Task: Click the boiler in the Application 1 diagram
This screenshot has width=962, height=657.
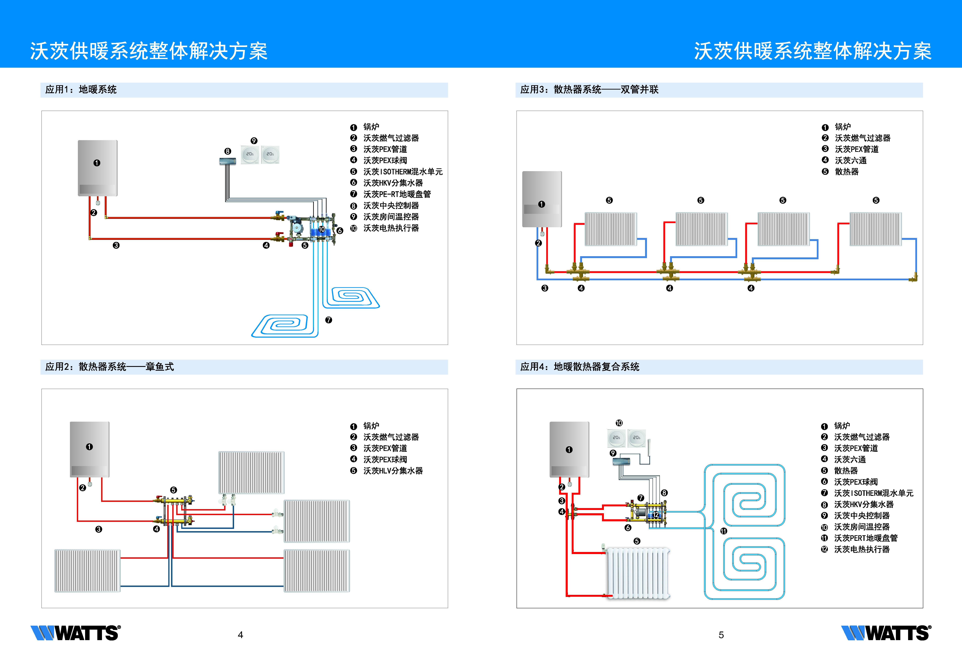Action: [98, 168]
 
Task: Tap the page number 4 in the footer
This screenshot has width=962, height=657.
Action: [240, 635]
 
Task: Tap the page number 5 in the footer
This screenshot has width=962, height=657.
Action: [721, 635]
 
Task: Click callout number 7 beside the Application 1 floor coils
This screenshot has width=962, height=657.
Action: [329, 320]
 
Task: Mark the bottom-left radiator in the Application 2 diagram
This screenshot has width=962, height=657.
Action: [87, 571]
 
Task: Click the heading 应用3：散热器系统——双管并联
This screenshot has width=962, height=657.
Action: [589, 89]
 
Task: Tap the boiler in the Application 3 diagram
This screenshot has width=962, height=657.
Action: [542, 199]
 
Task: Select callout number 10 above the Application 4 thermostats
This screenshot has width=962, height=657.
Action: [619, 423]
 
